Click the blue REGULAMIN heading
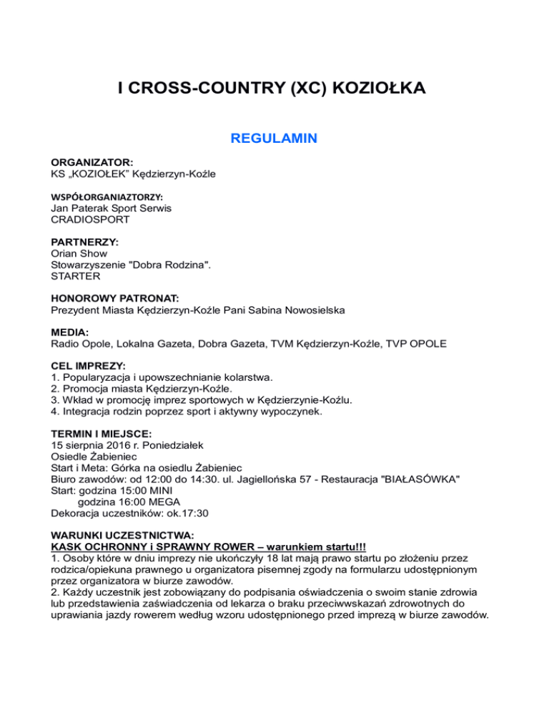274,139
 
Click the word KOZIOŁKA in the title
377,89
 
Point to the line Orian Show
79,254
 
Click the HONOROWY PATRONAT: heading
115,299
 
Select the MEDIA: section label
70,333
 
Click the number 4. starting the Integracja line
56,412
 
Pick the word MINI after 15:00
166,492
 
